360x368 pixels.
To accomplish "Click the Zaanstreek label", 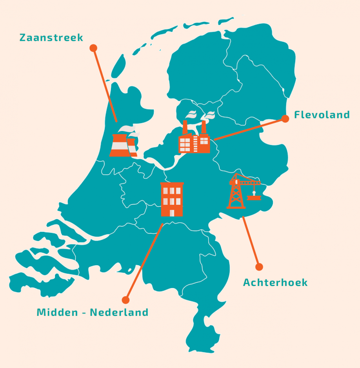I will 51,38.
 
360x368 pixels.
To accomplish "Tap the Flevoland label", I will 322,115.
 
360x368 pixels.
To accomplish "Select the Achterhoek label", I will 275,282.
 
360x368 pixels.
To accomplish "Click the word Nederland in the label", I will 119,313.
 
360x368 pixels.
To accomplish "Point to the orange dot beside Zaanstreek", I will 93,48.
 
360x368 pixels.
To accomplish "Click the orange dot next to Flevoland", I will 285,118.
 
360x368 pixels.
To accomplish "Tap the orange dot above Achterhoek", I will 259,267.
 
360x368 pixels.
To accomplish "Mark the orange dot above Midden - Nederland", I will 125,300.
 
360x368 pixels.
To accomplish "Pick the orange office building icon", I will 172,199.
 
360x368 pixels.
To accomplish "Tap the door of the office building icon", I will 172,213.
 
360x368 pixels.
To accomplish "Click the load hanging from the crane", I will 254,198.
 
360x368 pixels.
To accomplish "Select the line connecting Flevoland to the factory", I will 249,129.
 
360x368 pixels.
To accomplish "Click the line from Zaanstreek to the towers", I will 105,84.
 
